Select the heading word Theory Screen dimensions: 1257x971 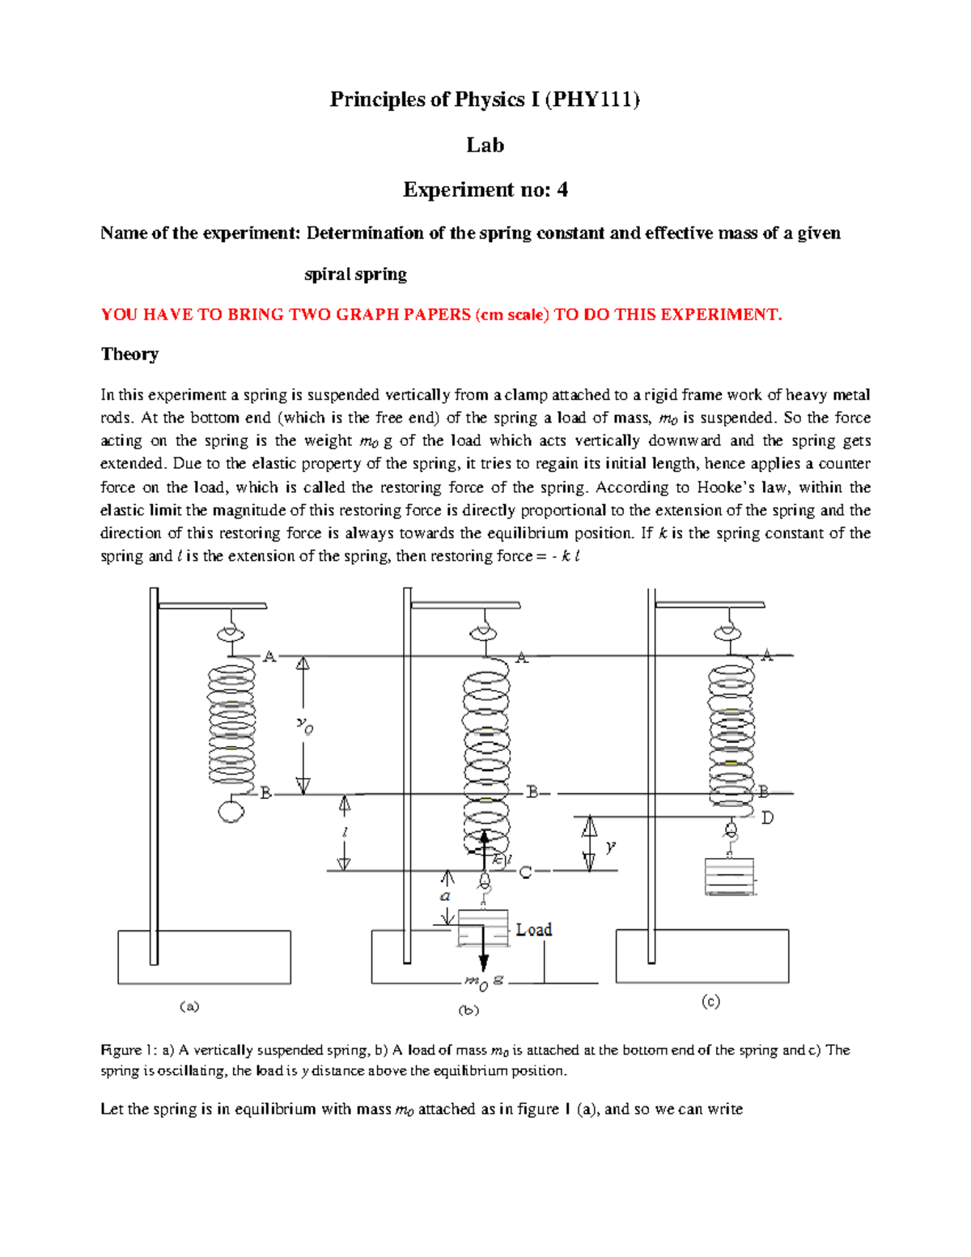[129, 355]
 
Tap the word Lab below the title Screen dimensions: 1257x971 [485, 145]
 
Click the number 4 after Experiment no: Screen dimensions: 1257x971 [562, 190]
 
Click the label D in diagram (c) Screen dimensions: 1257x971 [767, 818]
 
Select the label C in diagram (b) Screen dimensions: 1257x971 [526, 872]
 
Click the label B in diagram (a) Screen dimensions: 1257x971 [265, 793]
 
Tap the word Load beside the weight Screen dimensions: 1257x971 [534, 930]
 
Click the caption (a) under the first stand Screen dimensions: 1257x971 [189, 1006]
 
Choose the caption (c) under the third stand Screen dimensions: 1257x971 [710, 1002]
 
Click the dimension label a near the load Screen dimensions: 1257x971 [445, 896]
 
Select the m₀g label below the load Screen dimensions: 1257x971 [483, 981]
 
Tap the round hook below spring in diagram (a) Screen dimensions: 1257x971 [231, 811]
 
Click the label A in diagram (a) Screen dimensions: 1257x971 [269, 656]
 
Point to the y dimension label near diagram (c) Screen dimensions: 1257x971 [611, 847]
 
